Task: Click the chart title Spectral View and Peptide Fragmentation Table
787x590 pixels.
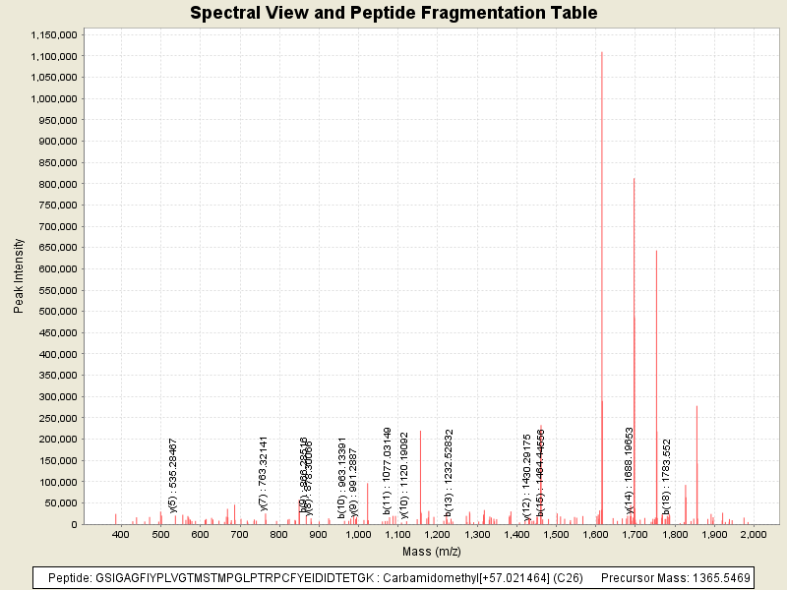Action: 393,13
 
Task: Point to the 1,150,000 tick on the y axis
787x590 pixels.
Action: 52,34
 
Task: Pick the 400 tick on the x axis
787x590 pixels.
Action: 122,533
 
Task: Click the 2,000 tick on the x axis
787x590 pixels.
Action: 754,533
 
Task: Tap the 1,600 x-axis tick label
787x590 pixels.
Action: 595,533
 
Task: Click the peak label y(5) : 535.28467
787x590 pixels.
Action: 173,475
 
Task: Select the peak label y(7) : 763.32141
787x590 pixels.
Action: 264,473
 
